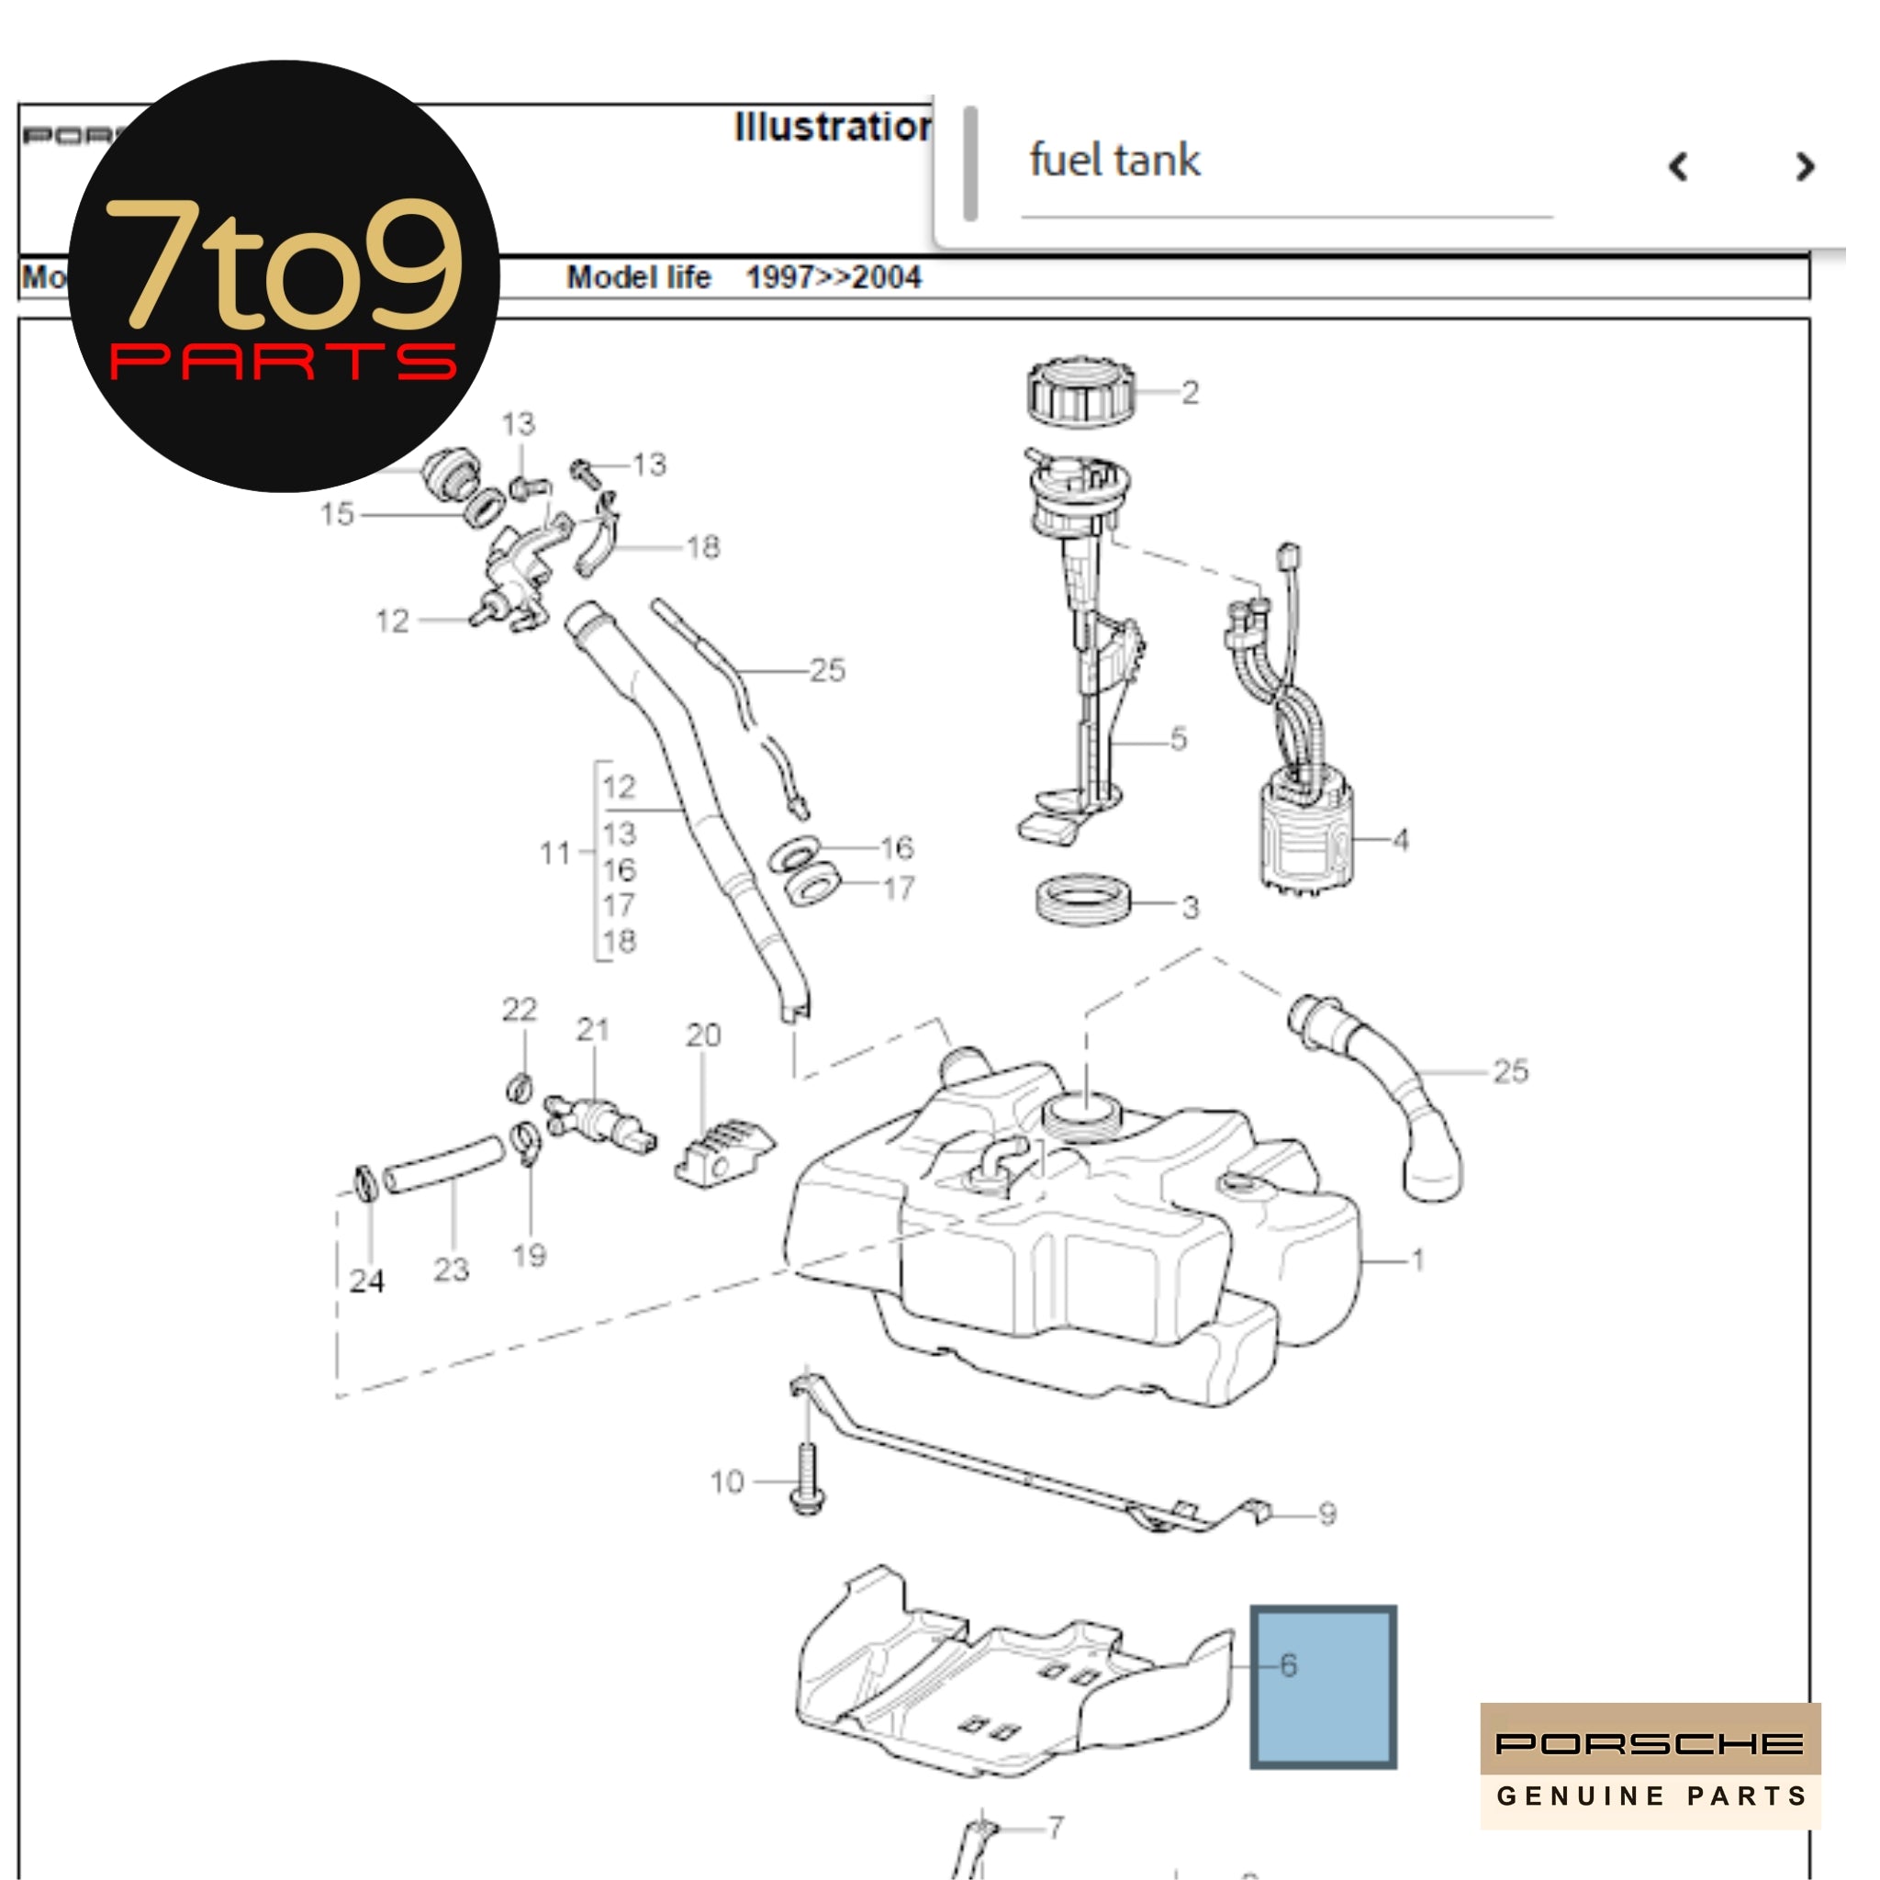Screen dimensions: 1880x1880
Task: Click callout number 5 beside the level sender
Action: [1179, 739]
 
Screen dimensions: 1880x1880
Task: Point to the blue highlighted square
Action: [1324, 1686]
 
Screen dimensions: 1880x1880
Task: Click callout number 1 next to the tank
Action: [1417, 1260]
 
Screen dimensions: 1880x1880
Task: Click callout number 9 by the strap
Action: [1327, 1514]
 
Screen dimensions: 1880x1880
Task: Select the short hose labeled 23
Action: [443, 1165]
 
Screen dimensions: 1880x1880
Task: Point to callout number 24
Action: [367, 1281]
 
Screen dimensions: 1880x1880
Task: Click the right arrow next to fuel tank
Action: [1804, 166]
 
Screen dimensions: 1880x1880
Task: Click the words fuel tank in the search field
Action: [1114, 161]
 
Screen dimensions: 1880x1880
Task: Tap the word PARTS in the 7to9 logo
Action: [282, 362]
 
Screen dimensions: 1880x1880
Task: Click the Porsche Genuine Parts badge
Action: [1650, 1765]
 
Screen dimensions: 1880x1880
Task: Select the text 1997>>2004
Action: [833, 277]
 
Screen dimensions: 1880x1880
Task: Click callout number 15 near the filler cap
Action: [337, 514]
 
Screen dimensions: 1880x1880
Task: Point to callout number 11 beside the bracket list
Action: [554, 854]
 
